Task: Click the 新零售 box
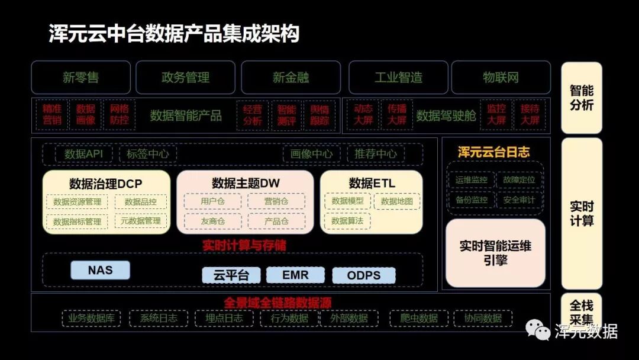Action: point(80,78)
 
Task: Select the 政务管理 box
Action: point(186,78)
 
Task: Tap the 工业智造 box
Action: point(398,78)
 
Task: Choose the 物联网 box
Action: point(501,78)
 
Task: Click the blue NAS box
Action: point(100,271)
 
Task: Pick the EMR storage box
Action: point(295,275)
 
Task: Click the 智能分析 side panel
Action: point(581,98)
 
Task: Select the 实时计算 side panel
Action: point(581,213)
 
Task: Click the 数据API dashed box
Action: point(83,154)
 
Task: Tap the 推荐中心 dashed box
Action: point(376,154)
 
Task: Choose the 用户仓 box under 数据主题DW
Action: point(212,201)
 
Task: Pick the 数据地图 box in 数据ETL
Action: point(397,201)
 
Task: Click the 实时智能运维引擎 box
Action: point(495,253)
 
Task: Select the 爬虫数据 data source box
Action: point(419,318)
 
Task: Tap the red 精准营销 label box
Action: point(52,115)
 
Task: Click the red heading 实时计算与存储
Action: point(244,245)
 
